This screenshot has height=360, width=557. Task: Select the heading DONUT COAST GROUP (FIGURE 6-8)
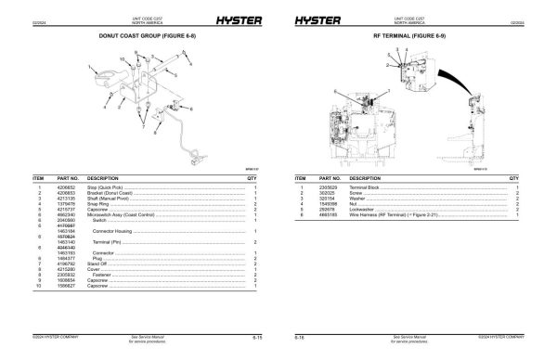pyautogui.click(x=141, y=36)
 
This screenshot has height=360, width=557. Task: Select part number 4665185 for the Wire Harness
pyautogui.click(x=330, y=213)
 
